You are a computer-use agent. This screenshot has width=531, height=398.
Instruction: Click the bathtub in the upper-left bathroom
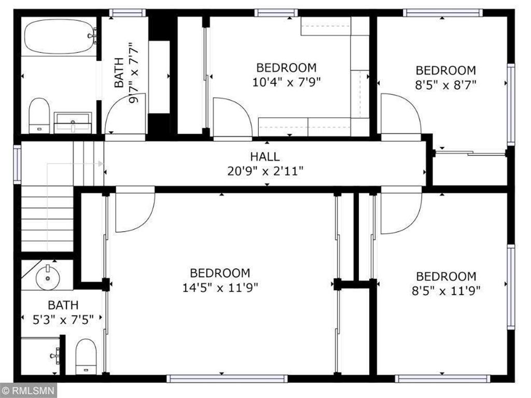coord(59,36)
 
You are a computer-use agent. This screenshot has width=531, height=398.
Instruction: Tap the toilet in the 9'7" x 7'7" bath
coord(39,116)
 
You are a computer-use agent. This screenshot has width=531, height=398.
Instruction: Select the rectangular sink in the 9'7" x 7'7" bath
coord(73,123)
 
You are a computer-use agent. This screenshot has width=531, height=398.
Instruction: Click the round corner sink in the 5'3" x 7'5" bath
coord(48,277)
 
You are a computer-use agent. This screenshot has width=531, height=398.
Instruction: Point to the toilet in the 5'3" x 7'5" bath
coord(86,356)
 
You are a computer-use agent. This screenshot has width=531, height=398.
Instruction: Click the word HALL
coord(265,157)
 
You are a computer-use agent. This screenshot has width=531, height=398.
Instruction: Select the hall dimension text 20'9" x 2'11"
coord(265,170)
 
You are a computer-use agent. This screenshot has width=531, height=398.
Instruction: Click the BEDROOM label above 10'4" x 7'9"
coord(286,67)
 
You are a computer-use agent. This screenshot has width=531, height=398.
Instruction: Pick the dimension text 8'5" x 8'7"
coord(445,84)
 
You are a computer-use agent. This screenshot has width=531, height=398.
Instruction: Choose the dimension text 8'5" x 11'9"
coord(445,290)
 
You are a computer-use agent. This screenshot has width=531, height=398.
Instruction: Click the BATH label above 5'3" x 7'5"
coord(63,305)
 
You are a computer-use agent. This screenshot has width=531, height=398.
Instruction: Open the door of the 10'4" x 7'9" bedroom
coord(231,118)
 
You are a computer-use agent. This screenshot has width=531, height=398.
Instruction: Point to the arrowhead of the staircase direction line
coord(101,164)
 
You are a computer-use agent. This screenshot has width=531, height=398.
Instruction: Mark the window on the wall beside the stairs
coord(17,164)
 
